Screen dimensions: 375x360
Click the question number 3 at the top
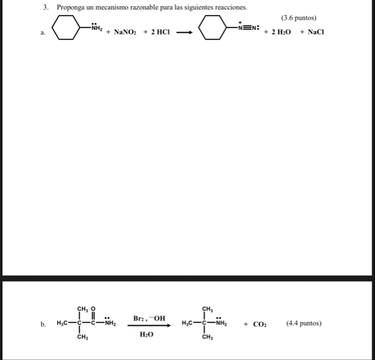(45, 7)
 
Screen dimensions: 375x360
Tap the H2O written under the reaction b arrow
(146, 335)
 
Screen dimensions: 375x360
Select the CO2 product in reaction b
(260, 324)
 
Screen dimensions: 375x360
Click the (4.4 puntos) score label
(304, 324)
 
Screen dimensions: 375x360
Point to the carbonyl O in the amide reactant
(93, 308)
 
